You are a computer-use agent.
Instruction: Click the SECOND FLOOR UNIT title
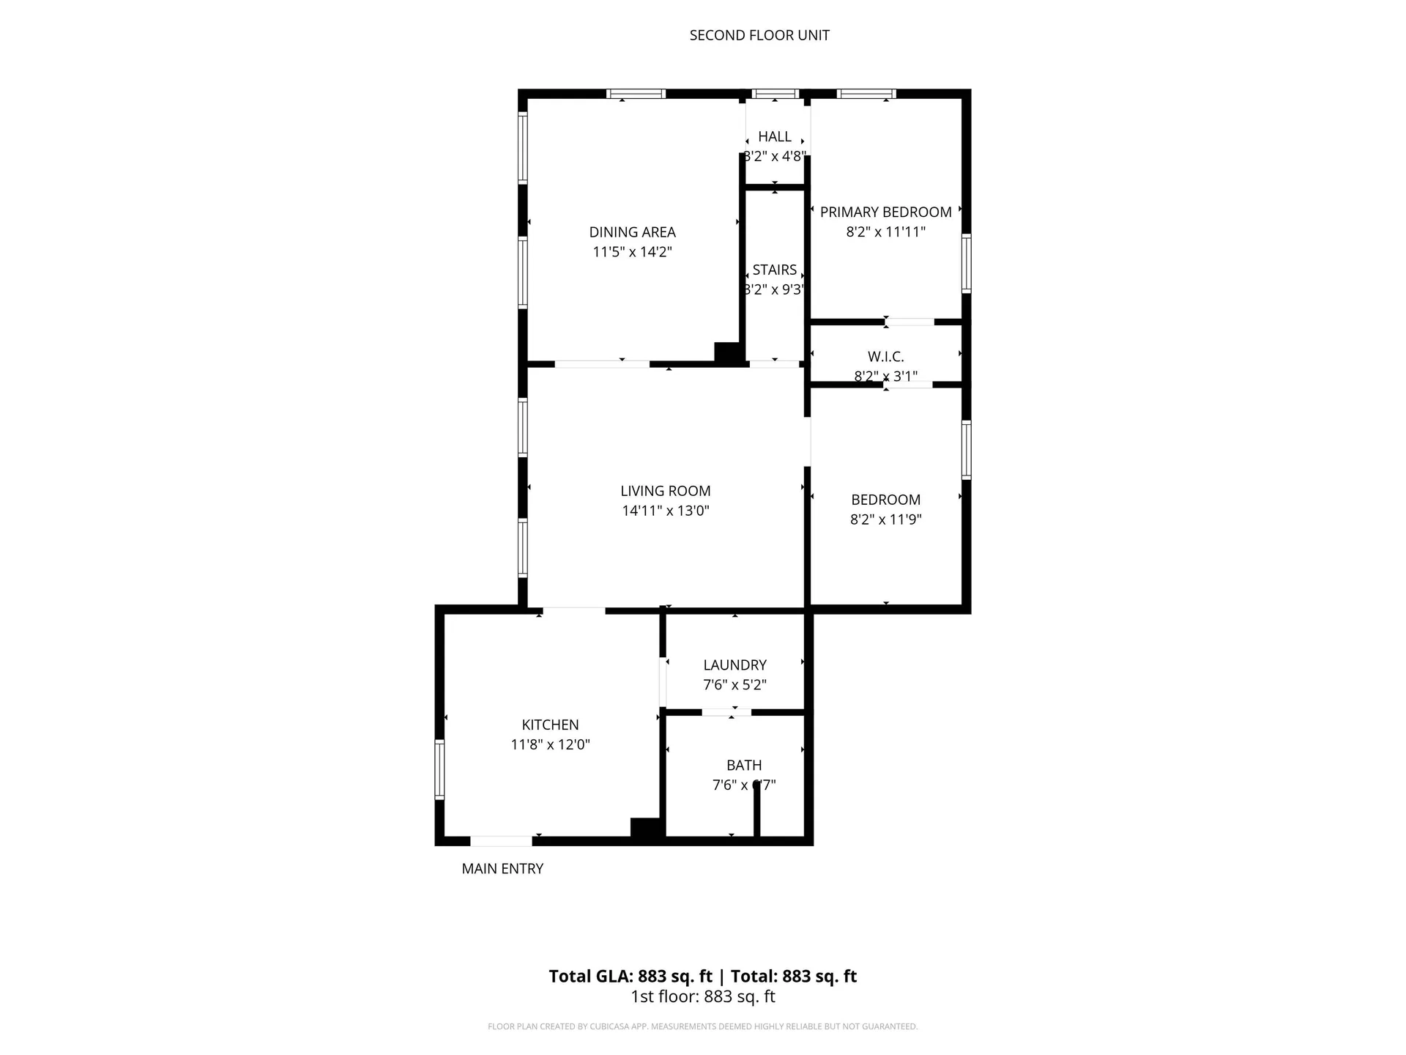point(759,35)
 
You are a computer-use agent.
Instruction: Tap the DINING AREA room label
point(632,232)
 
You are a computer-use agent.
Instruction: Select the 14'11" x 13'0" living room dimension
point(665,511)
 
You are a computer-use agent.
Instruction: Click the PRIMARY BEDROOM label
point(885,212)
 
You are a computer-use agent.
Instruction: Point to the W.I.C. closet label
point(885,357)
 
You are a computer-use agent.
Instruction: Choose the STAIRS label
point(774,270)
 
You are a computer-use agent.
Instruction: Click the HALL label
point(774,136)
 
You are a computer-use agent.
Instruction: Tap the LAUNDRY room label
point(734,665)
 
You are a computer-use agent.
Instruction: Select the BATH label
point(744,766)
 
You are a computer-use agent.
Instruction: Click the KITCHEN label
point(550,725)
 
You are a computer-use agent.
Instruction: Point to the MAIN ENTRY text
point(502,869)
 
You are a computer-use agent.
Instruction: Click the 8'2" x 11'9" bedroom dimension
point(885,519)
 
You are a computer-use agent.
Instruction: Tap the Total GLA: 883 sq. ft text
point(631,977)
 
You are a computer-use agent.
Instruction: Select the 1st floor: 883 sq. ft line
point(702,997)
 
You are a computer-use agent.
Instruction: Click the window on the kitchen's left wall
point(439,769)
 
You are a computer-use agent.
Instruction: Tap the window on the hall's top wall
point(775,94)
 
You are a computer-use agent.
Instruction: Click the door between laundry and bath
point(726,712)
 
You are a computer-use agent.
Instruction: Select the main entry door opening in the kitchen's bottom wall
point(501,841)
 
